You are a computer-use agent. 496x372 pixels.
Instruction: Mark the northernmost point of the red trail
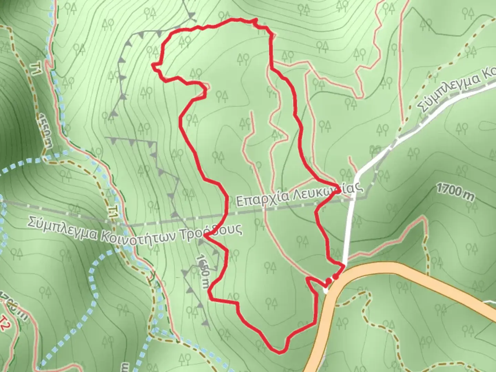click(255, 20)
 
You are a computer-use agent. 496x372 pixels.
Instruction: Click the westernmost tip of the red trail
click(153, 64)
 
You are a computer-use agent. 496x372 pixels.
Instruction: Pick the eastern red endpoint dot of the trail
click(335, 276)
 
